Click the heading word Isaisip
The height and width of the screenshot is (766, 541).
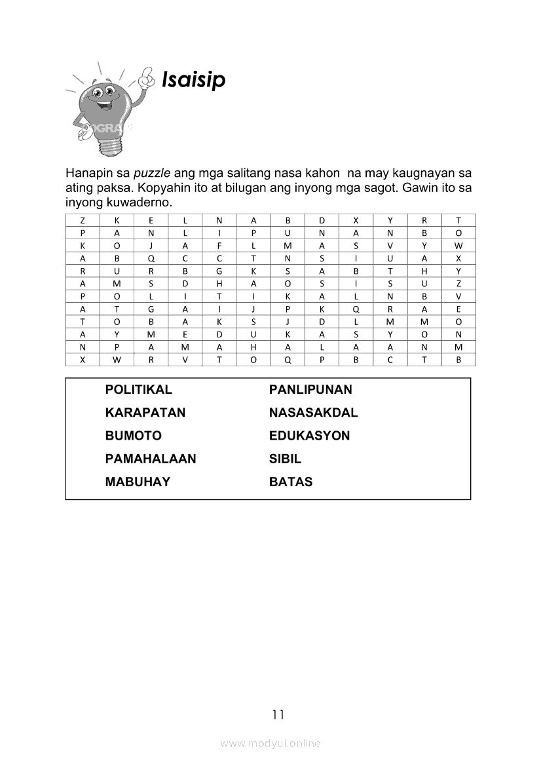pos(193,80)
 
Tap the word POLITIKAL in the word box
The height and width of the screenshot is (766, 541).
pos(138,390)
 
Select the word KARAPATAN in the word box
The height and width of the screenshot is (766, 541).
pos(145,413)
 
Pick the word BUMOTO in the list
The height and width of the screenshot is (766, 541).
pos(133,436)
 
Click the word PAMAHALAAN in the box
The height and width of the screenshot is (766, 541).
pos(150,459)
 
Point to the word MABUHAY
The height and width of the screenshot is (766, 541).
pos(138,482)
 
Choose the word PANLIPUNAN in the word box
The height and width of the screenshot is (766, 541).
pos(310,390)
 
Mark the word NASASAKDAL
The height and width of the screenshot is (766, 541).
pos(313,413)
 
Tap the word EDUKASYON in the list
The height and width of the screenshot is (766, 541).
pos(309,436)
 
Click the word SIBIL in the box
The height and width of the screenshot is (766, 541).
pos(285,459)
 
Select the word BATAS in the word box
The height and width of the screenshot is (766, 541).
pos(291,482)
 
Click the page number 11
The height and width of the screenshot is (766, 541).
pos(278,714)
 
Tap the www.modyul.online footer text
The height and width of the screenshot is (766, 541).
pos(270,743)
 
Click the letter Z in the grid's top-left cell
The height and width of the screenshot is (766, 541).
pos(83,221)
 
